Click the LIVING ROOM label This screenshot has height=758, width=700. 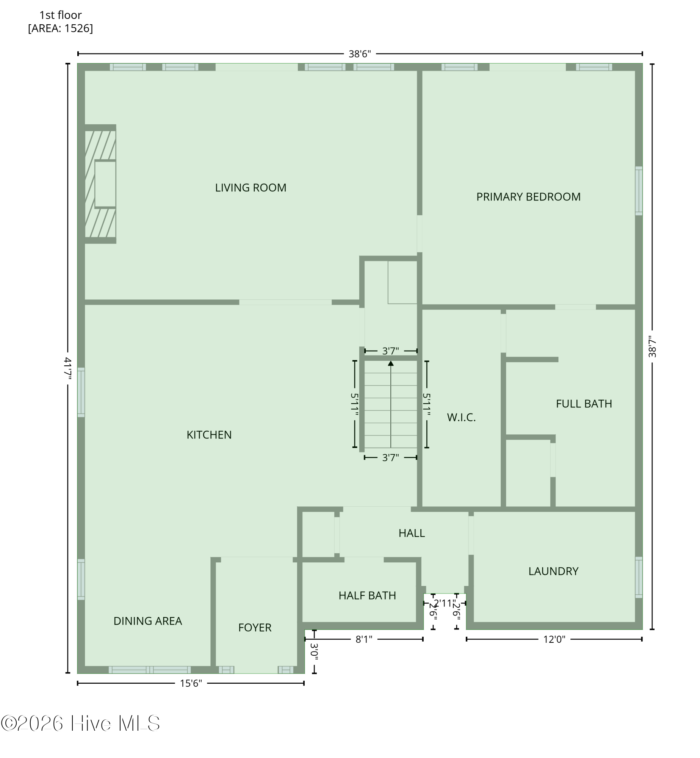pos(251,188)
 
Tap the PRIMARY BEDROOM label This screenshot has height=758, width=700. pos(528,197)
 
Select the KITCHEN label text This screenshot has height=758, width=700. pos(209,435)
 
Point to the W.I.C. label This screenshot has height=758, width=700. pos(461,417)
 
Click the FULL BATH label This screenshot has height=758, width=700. pos(584,404)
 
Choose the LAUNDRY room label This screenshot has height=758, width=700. pos(553,571)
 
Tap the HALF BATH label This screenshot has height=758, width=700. pos(367,595)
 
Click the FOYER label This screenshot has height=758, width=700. pos(255,628)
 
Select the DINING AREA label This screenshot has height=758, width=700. pos(148,621)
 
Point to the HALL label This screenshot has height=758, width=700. pos(412,533)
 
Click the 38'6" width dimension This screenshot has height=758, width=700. pos(360,54)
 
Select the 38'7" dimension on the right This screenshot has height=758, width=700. pos(652,347)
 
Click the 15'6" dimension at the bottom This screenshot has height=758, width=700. pos(191,683)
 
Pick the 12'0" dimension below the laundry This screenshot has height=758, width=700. pos(554,639)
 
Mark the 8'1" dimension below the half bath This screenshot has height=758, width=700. pos(364,639)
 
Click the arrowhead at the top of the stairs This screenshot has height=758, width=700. pos(391,363)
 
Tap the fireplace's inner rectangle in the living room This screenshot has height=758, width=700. pos(105,184)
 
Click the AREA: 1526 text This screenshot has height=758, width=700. pos(60,28)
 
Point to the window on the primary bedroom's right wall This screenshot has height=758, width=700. pos(639,191)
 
